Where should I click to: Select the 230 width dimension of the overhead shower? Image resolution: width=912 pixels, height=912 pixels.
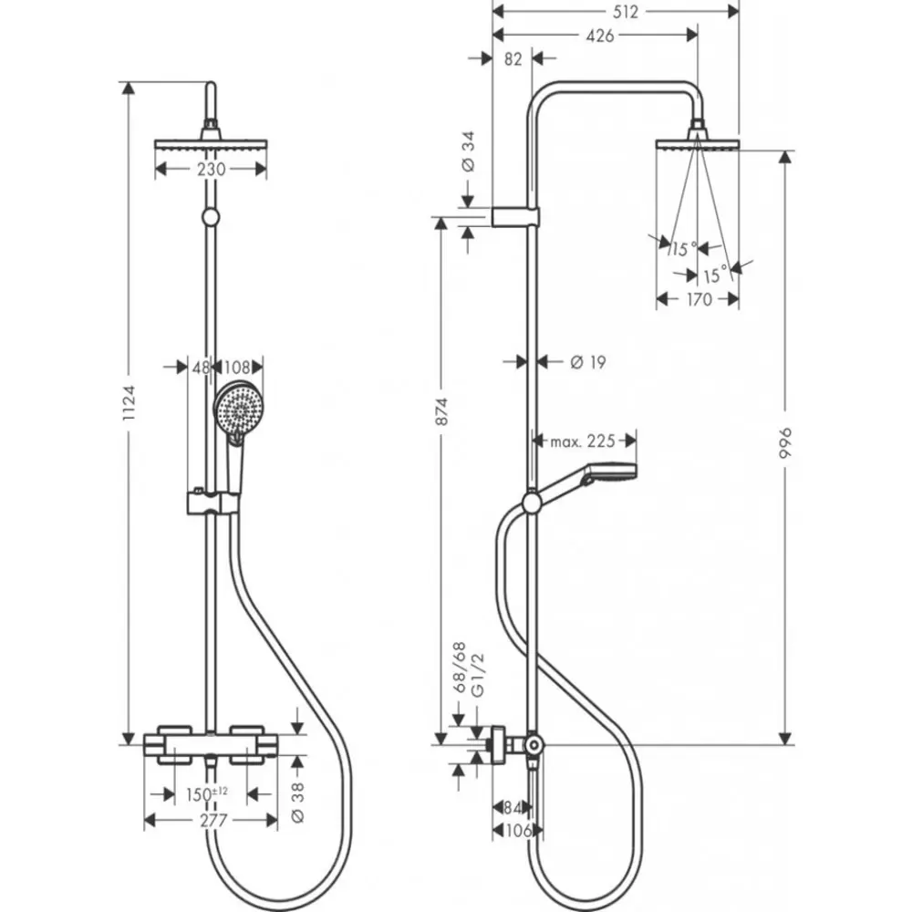coord(211,169)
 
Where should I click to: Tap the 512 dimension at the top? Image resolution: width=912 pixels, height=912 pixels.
coord(617,12)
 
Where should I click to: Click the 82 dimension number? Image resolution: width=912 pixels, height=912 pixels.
coord(512,59)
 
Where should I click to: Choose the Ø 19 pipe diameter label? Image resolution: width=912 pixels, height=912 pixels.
coord(587,363)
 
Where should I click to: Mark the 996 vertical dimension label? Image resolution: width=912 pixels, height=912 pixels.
coord(784,444)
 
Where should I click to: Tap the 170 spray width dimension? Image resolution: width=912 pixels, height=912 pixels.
coord(698,299)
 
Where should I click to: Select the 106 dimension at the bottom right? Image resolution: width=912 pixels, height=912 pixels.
coord(516,831)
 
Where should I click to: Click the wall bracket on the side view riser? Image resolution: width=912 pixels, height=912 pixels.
coord(516,216)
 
